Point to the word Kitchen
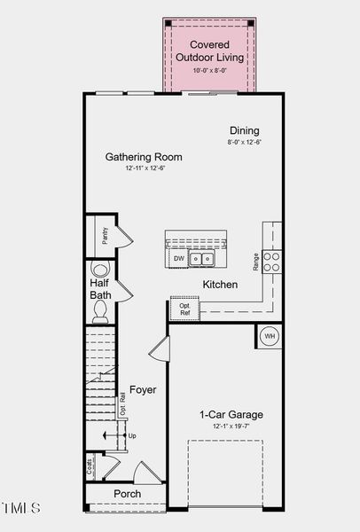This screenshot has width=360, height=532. [x=220, y=285]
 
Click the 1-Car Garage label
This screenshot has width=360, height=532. [x=231, y=414]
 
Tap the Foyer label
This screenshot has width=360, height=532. [x=143, y=390]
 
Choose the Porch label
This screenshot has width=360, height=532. [x=127, y=494]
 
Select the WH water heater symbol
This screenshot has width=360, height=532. [x=270, y=337]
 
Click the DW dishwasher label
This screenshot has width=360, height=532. [x=178, y=259]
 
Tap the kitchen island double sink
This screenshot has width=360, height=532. [x=204, y=259]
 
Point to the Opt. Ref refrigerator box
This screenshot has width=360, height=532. [x=184, y=309]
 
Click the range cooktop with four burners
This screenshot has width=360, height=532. [x=273, y=261]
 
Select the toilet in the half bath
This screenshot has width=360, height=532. [x=100, y=309]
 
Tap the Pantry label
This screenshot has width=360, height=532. [x=105, y=235]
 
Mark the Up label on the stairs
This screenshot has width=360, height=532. [x=132, y=436]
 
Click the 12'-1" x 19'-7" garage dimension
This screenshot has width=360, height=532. [x=231, y=426]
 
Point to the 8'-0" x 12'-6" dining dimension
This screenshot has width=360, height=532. [x=244, y=141]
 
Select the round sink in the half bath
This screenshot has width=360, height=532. [x=100, y=270]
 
